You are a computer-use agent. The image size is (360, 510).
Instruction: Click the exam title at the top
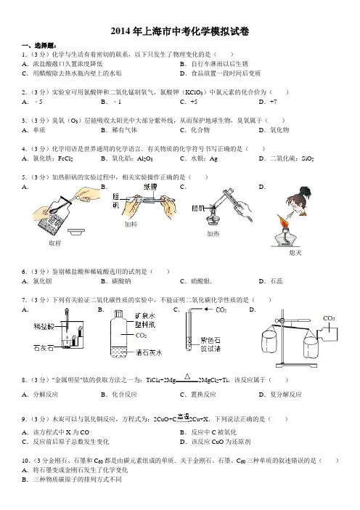click(x=180, y=31)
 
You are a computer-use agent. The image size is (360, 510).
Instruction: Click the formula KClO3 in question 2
click(x=194, y=92)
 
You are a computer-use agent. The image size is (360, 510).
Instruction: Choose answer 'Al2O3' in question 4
click(x=144, y=158)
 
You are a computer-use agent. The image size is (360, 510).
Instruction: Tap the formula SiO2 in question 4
click(x=307, y=158)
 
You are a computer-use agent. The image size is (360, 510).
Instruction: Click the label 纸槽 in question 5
click(x=150, y=187)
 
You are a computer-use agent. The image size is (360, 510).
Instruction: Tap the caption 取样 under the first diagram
click(x=54, y=243)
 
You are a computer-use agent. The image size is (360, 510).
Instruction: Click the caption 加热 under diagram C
click(x=213, y=233)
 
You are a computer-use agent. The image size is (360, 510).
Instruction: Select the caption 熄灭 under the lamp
click(x=295, y=252)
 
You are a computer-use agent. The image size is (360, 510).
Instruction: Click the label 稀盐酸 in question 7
click(x=44, y=326)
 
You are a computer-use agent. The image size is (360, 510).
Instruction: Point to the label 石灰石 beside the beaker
click(x=44, y=348)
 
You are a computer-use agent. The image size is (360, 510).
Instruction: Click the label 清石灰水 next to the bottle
click(x=148, y=352)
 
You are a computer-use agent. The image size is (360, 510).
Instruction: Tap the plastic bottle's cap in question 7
click(x=119, y=314)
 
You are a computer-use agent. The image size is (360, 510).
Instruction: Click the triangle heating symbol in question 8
click(x=187, y=376)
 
